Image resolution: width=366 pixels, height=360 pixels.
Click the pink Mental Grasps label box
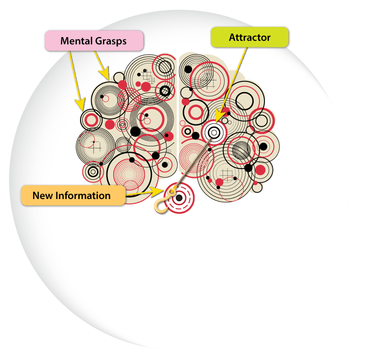coord(94,41)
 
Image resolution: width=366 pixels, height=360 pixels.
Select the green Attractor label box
coord(250,38)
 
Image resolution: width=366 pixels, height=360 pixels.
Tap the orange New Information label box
coord(72,196)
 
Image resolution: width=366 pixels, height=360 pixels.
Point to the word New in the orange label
coord(42,196)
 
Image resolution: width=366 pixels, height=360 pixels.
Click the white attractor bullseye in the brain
coord(213,132)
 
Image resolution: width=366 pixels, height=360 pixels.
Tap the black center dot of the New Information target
coord(179,198)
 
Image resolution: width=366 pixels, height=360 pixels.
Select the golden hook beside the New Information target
coord(159,205)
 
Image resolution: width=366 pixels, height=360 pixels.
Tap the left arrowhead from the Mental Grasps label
coord(81,106)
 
